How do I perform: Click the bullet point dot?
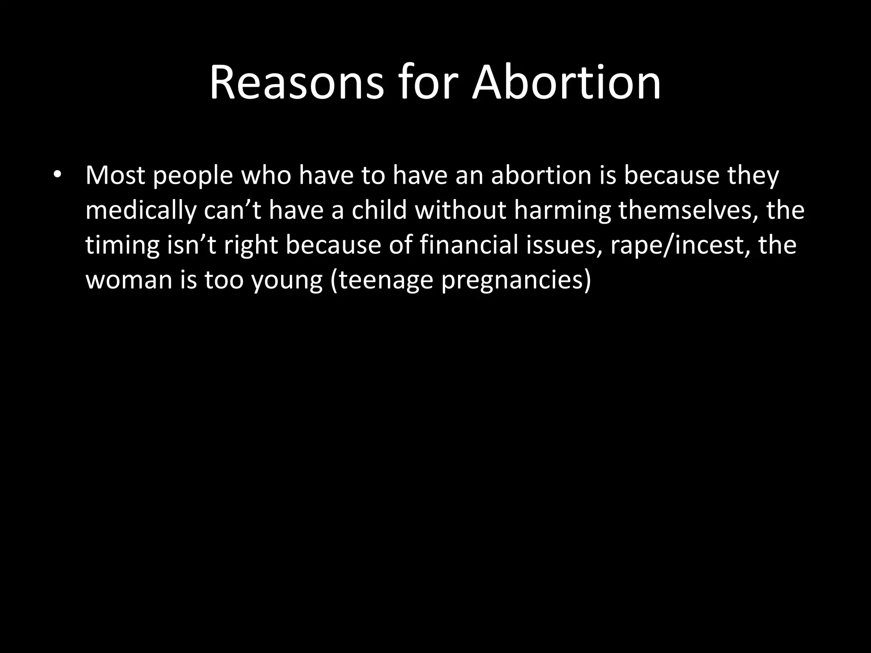[x=58, y=175]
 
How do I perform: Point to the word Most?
[x=115, y=175]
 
